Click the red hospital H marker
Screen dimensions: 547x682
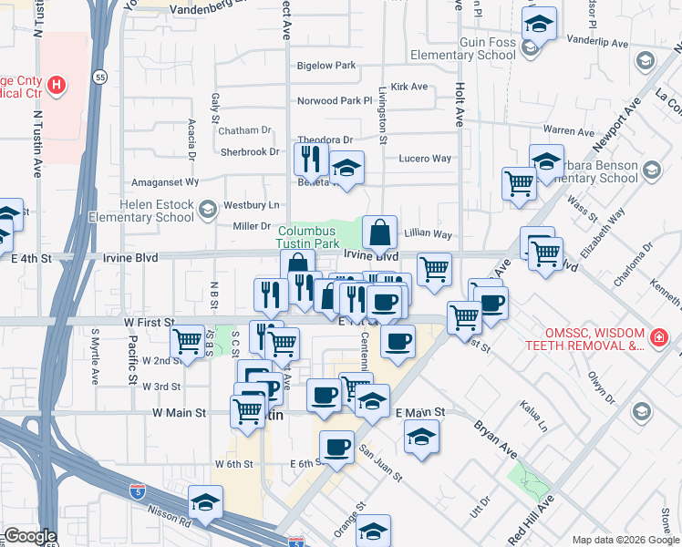(57, 86)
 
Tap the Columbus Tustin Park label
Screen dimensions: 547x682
(309, 238)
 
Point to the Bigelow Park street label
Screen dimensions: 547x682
(326, 66)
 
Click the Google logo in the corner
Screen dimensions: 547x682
(30, 536)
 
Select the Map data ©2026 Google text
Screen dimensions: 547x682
(625, 539)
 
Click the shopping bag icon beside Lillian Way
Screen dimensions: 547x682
(379, 233)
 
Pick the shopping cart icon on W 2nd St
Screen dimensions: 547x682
(188, 342)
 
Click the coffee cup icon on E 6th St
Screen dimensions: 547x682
(337, 447)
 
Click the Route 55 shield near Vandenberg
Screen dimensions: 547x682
(100, 79)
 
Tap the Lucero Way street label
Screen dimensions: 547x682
(425, 159)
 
